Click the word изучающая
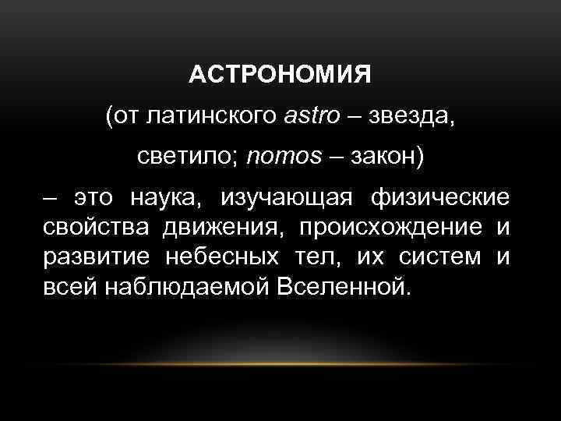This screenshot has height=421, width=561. click(285, 199)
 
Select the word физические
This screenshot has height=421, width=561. click(440, 199)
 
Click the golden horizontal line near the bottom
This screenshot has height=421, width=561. click(280, 363)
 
